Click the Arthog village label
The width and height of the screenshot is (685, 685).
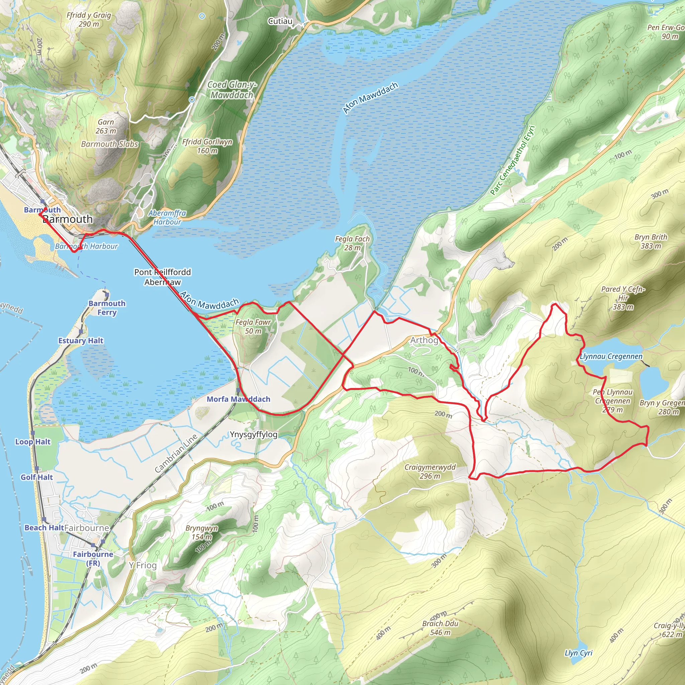[x=424, y=340]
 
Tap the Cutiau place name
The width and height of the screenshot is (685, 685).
[x=280, y=21]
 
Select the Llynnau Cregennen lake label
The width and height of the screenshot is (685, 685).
[x=611, y=356]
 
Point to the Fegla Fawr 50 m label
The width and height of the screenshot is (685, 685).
[x=253, y=326]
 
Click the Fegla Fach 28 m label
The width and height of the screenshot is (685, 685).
[x=352, y=243]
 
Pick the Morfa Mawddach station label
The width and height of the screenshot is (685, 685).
[x=238, y=399]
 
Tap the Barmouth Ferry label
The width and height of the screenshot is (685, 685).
[x=107, y=308]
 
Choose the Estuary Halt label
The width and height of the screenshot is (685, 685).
[x=81, y=341]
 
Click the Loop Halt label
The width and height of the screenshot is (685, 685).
[x=33, y=442]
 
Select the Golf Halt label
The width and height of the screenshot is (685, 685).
[x=36, y=477]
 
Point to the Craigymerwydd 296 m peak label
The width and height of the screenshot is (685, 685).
[x=430, y=472]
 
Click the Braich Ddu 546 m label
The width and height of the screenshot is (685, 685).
[x=440, y=628]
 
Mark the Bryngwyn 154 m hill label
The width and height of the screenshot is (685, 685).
[x=201, y=532]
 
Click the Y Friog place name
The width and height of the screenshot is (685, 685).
[x=142, y=565]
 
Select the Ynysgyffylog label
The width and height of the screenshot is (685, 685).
[x=254, y=434]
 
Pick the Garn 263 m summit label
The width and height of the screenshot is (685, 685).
[x=106, y=126]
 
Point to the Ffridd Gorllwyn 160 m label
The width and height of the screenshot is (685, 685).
[x=207, y=146]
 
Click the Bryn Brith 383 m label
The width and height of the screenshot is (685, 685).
[x=651, y=241]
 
